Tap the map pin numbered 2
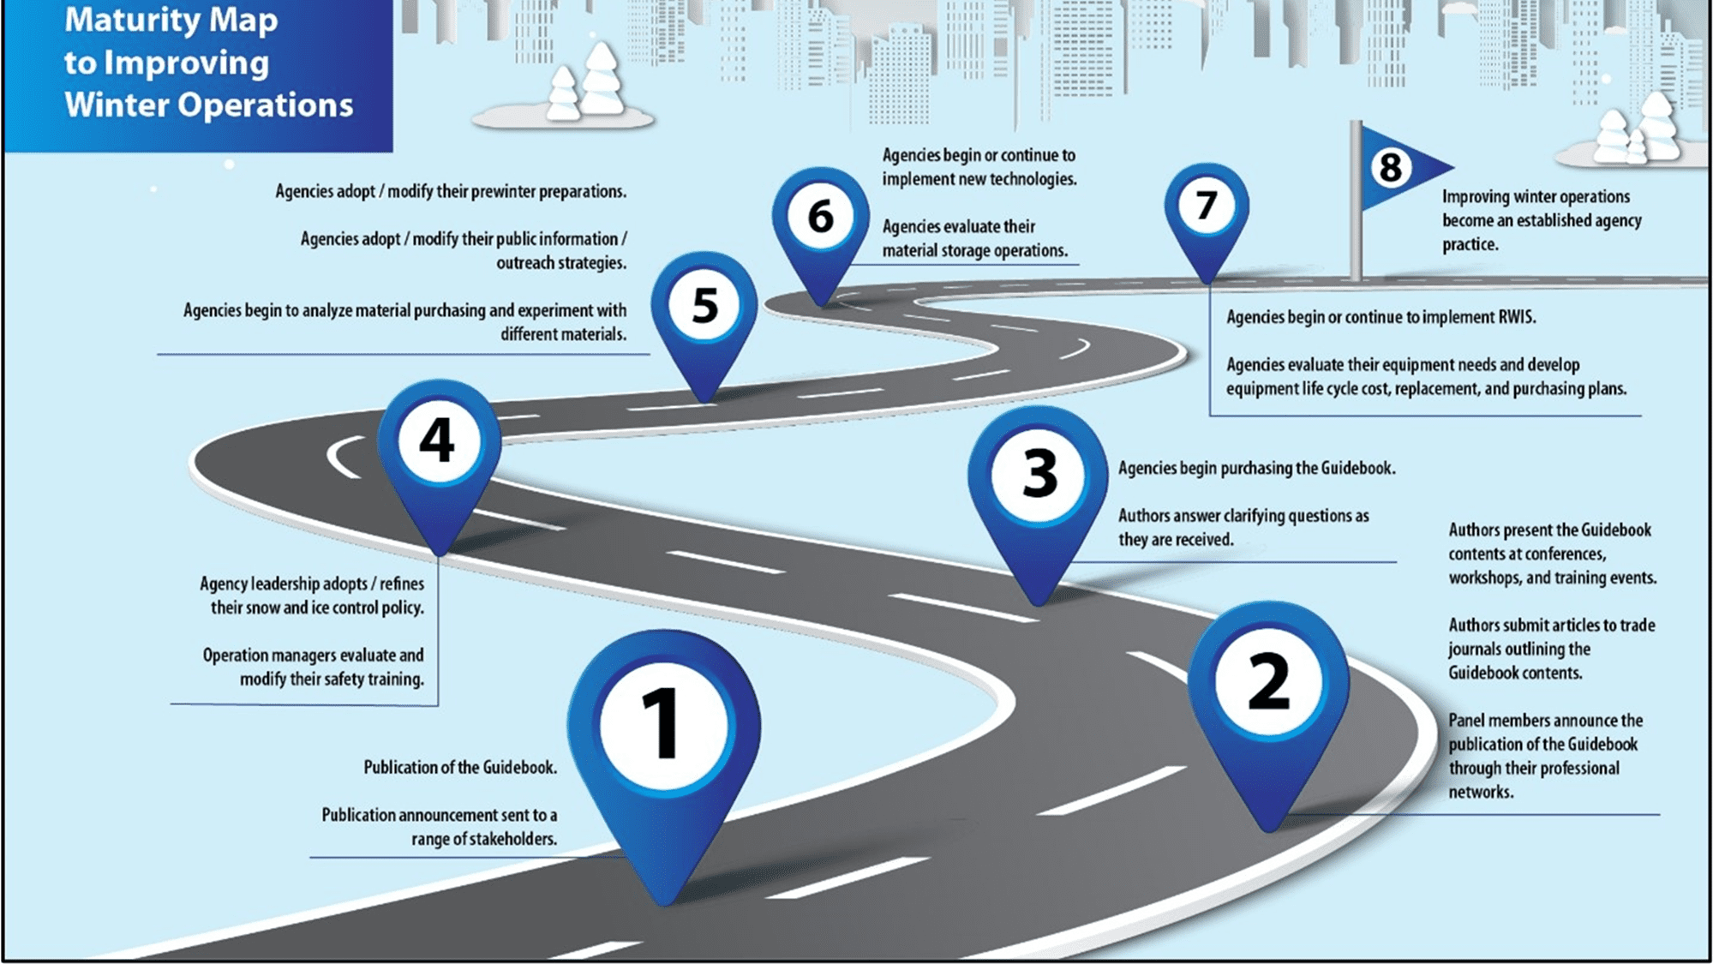tap(1268, 703)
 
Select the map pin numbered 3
tap(1038, 497)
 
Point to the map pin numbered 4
tap(439, 458)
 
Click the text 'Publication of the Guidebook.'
tap(460, 767)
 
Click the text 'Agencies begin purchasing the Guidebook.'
tap(1256, 468)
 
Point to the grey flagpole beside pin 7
tap(1356, 201)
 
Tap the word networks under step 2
tap(1481, 792)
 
